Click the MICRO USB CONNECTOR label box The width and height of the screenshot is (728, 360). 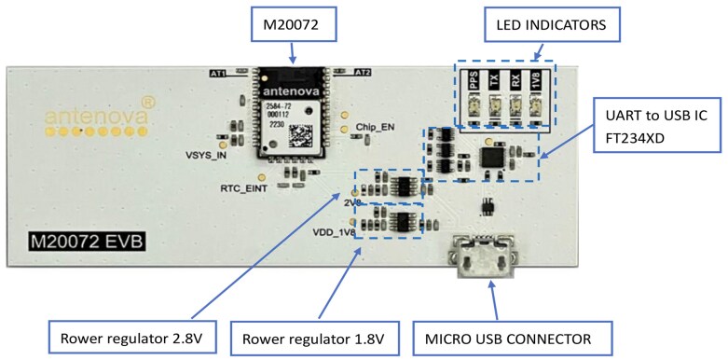tap(510, 338)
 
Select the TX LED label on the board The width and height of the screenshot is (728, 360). tap(494, 83)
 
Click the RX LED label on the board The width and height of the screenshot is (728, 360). tap(515, 83)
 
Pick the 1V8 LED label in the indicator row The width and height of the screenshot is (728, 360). tap(536, 83)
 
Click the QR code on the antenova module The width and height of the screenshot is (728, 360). tap(300, 133)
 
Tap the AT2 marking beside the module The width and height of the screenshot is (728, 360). tap(364, 72)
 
